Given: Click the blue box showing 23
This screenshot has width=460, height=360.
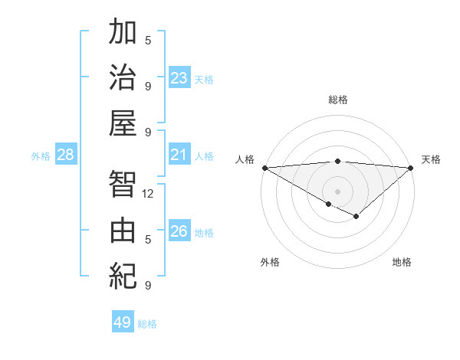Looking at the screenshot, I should tap(179, 77).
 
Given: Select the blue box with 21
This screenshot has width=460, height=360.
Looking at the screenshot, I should tap(179, 155).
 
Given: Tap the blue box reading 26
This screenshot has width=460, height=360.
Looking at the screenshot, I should tap(179, 231).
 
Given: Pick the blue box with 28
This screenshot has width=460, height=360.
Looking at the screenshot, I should tap(66, 155).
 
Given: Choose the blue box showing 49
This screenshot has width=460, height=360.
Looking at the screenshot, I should tap(123, 322).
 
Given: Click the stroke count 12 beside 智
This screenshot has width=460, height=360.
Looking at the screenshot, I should tap(148, 194).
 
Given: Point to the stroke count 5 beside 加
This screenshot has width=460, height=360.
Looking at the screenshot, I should tap(148, 40).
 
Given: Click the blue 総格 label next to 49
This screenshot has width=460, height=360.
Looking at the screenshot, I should tap(148, 324).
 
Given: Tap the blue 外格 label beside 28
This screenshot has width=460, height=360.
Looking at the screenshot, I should tap(41, 156).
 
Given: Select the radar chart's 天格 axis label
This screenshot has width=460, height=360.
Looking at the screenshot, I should tap(431, 159).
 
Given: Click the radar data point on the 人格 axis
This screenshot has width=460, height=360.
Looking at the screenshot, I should tap(264, 168).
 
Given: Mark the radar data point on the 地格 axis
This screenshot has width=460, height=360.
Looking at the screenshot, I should tap(356, 217).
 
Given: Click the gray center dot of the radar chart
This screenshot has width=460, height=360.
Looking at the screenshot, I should tap(337, 191).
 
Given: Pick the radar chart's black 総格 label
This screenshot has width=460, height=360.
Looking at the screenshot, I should tap(337, 100).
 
